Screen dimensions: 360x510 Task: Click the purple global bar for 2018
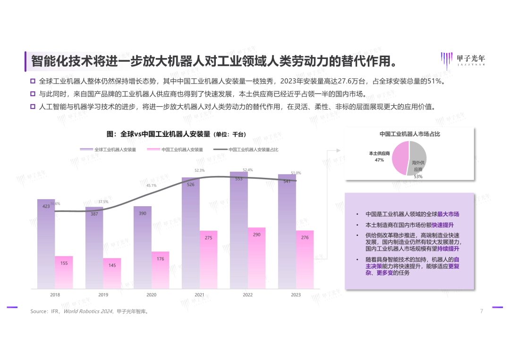tap(46, 243)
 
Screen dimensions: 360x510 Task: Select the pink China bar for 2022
tap(257, 258)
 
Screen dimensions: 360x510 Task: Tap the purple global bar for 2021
tap(191, 233)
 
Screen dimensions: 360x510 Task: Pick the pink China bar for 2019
tap(112, 273)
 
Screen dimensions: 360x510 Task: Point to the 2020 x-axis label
tap(151, 295)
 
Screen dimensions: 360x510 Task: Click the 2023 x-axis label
tap(296, 295)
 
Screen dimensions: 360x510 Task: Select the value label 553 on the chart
tap(238, 179)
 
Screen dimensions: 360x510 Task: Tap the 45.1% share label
tap(151, 185)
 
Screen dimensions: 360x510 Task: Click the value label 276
tap(305, 237)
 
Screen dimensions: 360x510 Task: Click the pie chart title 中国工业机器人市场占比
tap(409, 134)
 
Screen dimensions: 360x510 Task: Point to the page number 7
tap(481, 311)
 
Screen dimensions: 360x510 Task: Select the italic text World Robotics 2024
tap(88, 311)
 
